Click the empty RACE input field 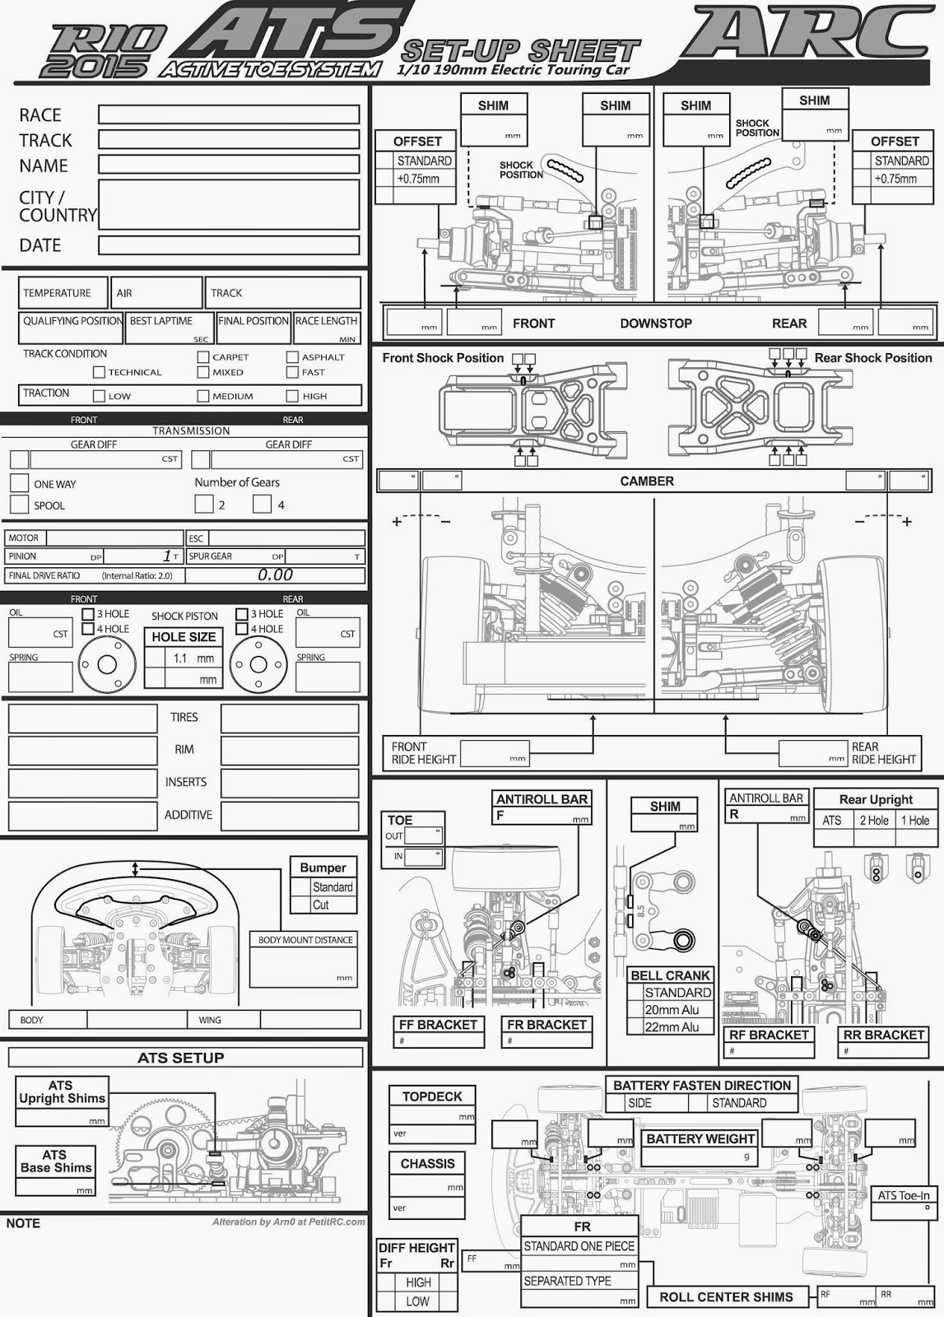(x=229, y=114)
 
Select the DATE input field (x=229, y=245)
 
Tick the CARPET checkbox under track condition (x=203, y=357)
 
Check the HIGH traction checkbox (x=292, y=396)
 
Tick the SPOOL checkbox (x=19, y=505)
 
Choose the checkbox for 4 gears (x=262, y=504)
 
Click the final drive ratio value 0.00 (x=275, y=575)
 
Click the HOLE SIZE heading (x=184, y=637)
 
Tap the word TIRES (x=184, y=718)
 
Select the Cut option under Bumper (x=321, y=905)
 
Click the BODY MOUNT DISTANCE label (x=305, y=940)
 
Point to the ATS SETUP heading (x=181, y=1058)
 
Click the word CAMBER (x=647, y=482)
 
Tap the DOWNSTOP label (x=656, y=323)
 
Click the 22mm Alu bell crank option (x=672, y=1026)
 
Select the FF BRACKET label (x=439, y=1025)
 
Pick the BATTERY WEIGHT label (x=700, y=1139)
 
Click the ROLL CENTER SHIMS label (x=726, y=1297)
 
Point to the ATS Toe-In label (x=903, y=1196)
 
